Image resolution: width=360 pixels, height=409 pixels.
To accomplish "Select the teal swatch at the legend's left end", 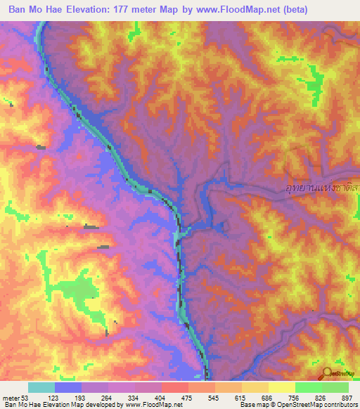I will tap(41, 387).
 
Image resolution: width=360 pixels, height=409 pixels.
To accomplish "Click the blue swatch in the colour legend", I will tap(68, 387).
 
